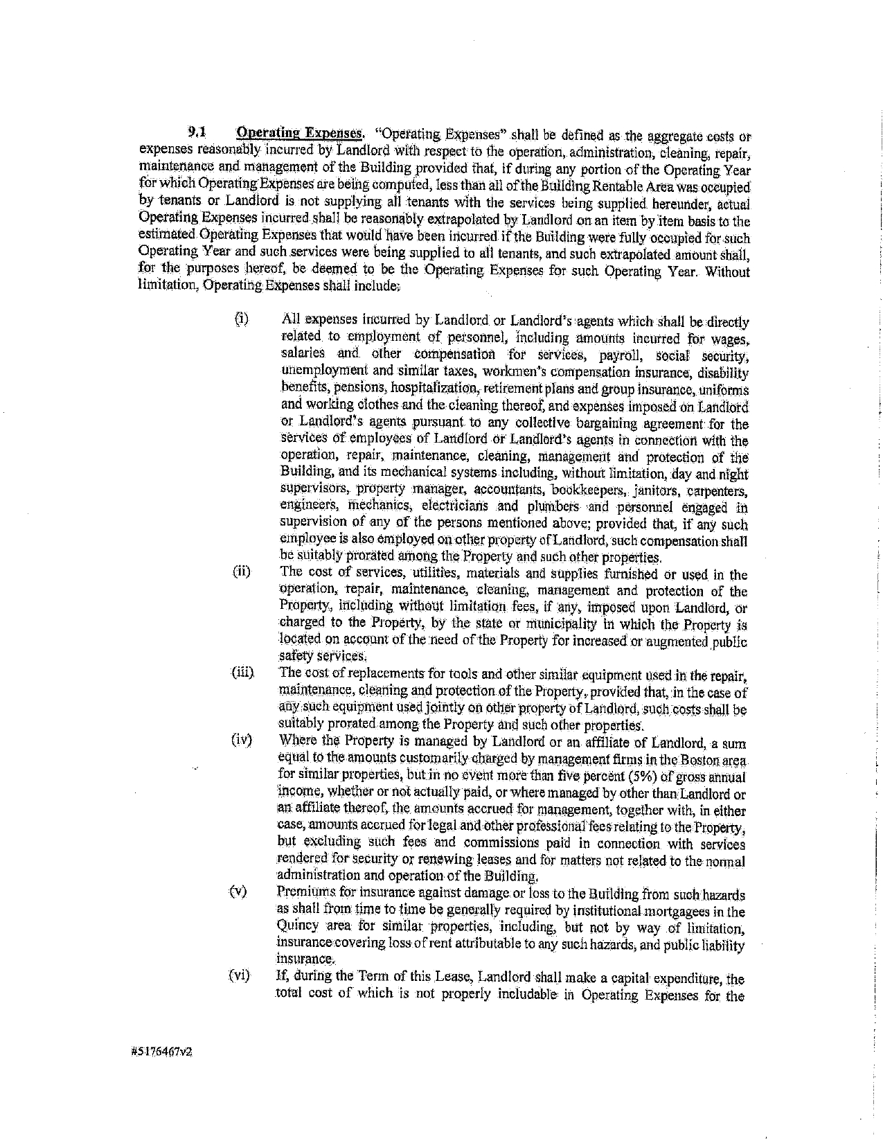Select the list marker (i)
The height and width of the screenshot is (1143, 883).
pos(240,319)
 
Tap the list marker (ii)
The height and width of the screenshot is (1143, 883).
pos(241,572)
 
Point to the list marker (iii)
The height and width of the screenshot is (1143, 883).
pos(243,673)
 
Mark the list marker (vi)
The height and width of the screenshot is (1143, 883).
pos(240,976)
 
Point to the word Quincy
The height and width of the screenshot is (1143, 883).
pos(297,926)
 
